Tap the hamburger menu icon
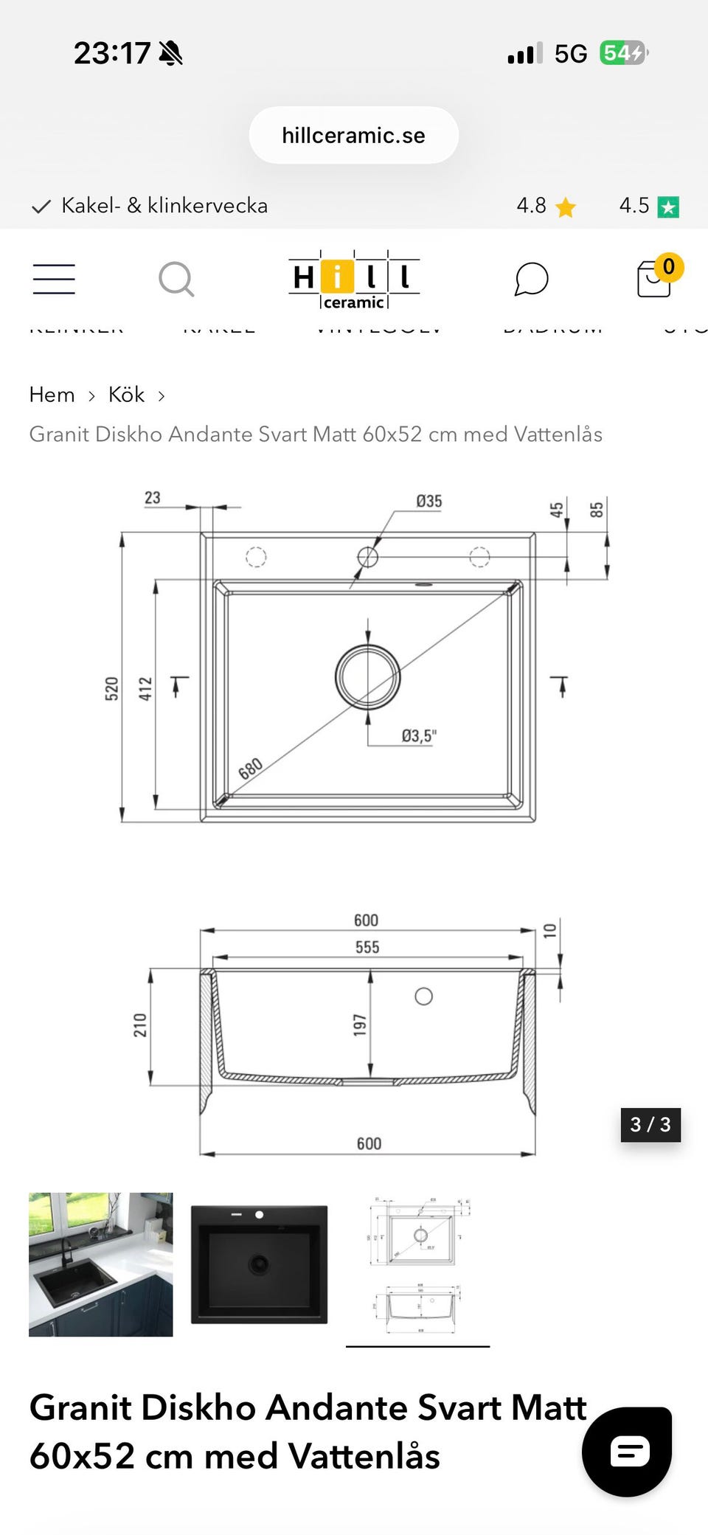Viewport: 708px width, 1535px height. [54, 279]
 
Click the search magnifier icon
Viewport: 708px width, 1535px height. [176, 279]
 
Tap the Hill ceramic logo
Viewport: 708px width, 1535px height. [354, 280]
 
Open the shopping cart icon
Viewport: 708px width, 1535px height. [655, 278]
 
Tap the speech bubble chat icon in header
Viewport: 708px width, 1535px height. [531, 279]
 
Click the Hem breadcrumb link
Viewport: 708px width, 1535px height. [52, 395]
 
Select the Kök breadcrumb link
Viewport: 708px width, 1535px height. [126, 395]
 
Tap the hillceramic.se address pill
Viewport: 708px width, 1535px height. [354, 135]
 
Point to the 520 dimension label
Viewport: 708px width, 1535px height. [111, 687]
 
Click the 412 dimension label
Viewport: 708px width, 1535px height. [145, 687]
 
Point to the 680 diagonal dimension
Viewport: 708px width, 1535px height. [251, 769]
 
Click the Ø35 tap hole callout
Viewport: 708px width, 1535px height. [428, 502]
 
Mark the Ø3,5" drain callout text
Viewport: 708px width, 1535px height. [419, 735]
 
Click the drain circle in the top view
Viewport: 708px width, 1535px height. [368, 676]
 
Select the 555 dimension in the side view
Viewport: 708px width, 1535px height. [367, 947]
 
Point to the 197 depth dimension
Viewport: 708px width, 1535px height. [360, 1025]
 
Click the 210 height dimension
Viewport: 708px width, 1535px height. [140, 1025]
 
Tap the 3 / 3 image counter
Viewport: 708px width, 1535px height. [650, 1124]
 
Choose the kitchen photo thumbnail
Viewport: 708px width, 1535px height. [101, 1264]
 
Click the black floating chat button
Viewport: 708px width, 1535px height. [627, 1452]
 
